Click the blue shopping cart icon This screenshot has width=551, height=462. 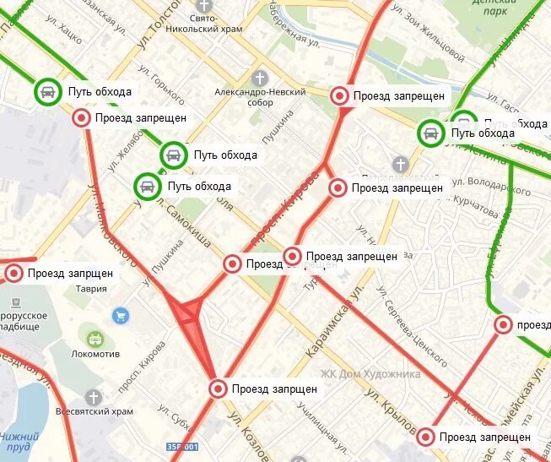coord(121,316)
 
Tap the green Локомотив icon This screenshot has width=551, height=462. coord(95,338)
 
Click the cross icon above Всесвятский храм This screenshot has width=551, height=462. coord(93,396)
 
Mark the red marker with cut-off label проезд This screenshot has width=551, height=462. coord(504,324)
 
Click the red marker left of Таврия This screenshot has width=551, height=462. coord(14,273)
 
